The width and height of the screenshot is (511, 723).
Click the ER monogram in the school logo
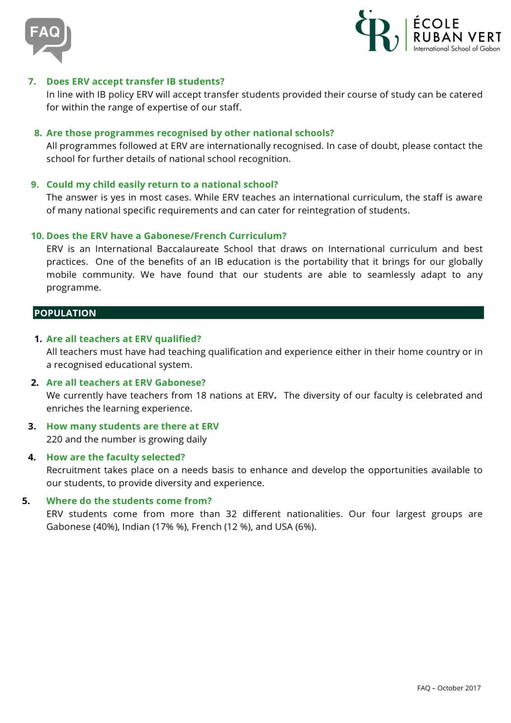click(377, 31)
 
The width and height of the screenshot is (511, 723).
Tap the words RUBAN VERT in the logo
click(457, 37)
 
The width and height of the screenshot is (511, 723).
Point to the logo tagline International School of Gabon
click(456, 49)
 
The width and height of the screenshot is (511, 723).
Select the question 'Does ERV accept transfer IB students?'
click(135, 81)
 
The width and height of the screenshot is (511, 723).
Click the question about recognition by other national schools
click(190, 133)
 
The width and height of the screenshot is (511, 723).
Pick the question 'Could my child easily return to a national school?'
click(162, 184)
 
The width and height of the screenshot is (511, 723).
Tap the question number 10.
click(38, 236)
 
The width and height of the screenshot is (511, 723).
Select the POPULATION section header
click(65, 313)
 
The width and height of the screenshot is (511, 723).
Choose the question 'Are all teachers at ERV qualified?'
click(123, 339)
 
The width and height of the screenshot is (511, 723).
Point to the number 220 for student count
click(54, 439)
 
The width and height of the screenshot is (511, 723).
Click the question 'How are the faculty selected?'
click(116, 457)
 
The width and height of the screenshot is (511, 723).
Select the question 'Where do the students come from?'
click(129, 501)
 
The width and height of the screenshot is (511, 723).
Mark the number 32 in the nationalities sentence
click(231, 514)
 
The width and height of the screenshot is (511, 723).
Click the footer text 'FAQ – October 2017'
click(449, 688)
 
